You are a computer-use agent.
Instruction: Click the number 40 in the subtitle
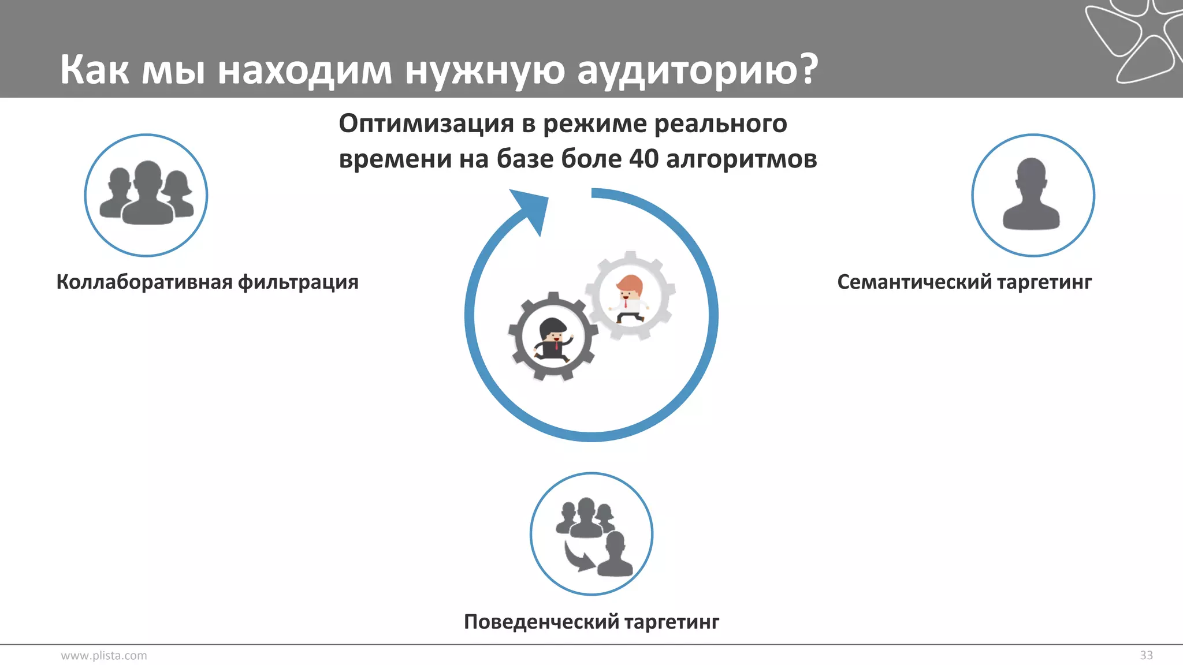click(x=643, y=159)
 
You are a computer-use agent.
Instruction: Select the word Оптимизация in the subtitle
click(x=426, y=124)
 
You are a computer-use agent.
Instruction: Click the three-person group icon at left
click(x=146, y=194)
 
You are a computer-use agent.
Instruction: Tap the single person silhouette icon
click(x=1032, y=195)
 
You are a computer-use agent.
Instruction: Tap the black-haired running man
click(x=553, y=340)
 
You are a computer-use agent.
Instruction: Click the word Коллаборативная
click(x=144, y=282)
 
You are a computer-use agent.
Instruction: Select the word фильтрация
click(x=298, y=282)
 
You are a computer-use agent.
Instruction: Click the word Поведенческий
click(x=541, y=622)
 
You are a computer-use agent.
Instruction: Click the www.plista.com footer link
click(x=104, y=655)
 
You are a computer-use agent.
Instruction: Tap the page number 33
click(x=1146, y=655)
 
